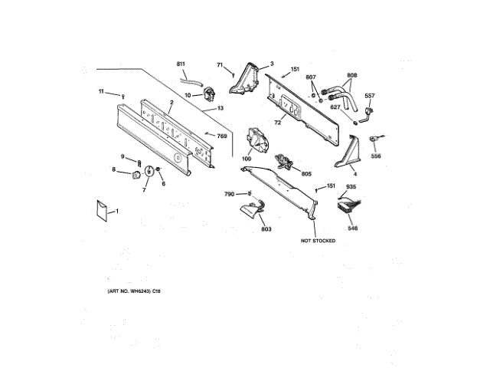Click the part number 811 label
click(x=181, y=63)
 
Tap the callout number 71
click(x=220, y=65)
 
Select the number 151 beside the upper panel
click(x=295, y=69)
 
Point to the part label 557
click(x=370, y=96)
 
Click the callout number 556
click(x=376, y=156)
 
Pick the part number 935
click(x=351, y=188)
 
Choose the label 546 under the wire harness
click(x=352, y=228)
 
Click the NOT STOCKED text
click(x=318, y=241)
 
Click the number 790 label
click(x=229, y=194)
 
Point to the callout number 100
click(x=247, y=159)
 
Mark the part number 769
click(x=222, y=136)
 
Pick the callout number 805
click(x=306, y=174)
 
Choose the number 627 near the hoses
click(x=335, y=107)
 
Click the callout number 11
click(x=100, y=92)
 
